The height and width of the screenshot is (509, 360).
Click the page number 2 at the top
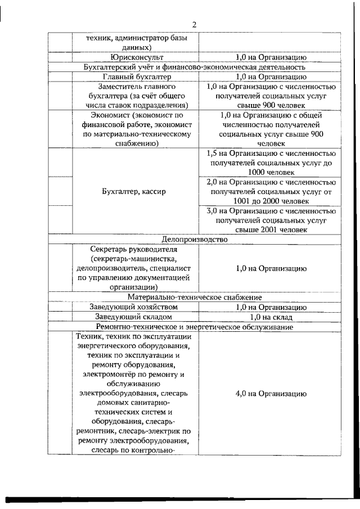[x=193, y=24]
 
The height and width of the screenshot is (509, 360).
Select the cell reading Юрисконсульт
[x=138, y=57]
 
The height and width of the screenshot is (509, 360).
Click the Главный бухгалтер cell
[x=138, y=76]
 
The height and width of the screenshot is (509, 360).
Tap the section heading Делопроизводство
[x=193, y=239]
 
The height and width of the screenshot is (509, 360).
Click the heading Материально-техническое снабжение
[x=193, y=296]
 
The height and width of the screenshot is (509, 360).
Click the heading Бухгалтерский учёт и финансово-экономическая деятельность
[x=193, y=67]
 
